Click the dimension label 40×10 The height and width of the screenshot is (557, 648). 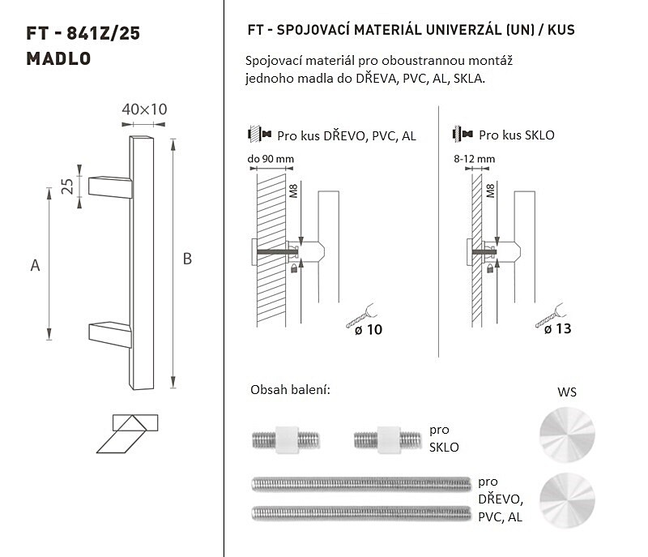144,109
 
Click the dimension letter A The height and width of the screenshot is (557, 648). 35,265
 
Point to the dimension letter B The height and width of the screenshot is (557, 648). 187,259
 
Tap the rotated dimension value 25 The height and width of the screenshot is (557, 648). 67,186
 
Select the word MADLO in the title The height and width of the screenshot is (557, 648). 58,58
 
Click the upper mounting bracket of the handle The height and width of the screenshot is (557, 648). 110,187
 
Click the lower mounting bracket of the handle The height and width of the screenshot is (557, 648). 110,335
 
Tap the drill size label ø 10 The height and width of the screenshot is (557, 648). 369,329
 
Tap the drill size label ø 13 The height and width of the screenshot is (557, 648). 557,328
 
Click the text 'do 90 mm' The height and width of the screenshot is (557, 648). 271,159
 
